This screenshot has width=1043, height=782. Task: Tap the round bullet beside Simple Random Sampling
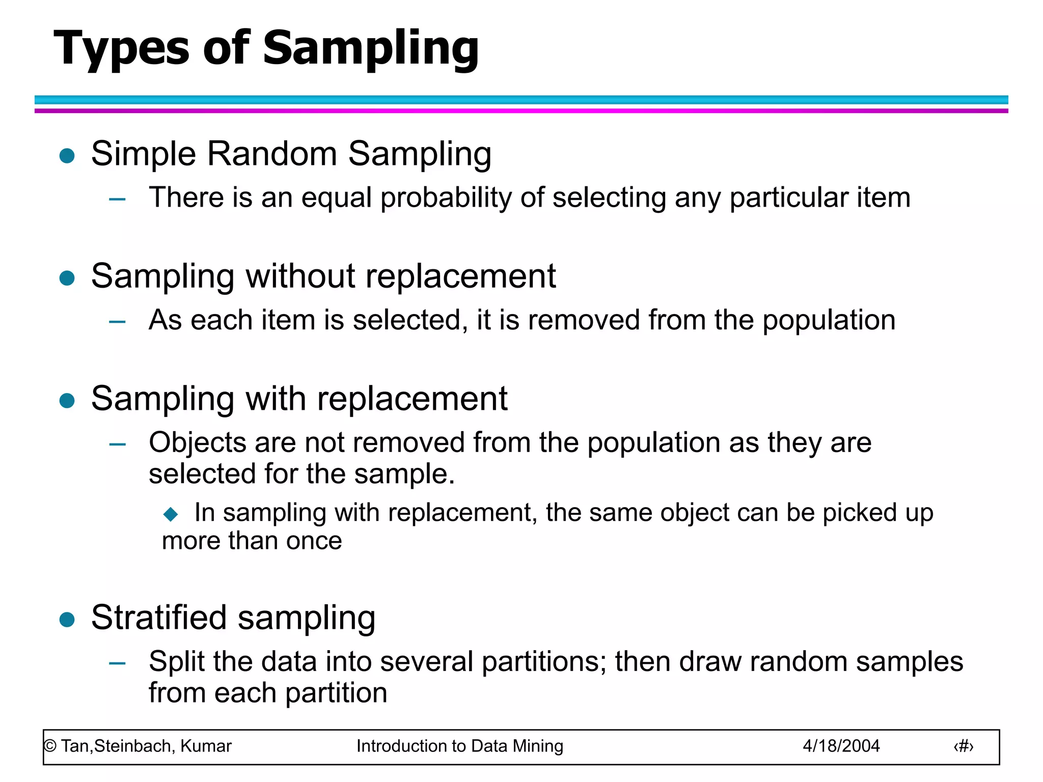point(67,155)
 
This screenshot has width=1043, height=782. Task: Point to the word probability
point(446,198)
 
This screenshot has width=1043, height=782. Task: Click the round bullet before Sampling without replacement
point(67,278)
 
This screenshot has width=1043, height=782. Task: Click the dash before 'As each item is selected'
point(117,322)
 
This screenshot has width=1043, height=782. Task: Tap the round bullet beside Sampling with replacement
point(67,401)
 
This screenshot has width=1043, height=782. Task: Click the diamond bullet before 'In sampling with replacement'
point(171,514)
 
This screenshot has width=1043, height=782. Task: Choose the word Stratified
point(159,618)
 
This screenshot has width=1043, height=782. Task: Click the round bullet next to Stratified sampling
point(67,620)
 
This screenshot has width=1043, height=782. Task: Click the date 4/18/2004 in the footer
point(841,746)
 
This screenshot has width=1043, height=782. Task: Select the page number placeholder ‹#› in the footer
point(963,746)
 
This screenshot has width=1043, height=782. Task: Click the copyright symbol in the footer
point(50,746)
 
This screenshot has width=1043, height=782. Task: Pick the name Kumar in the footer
point(206,746)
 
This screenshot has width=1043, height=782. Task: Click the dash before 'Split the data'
point(117,663)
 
